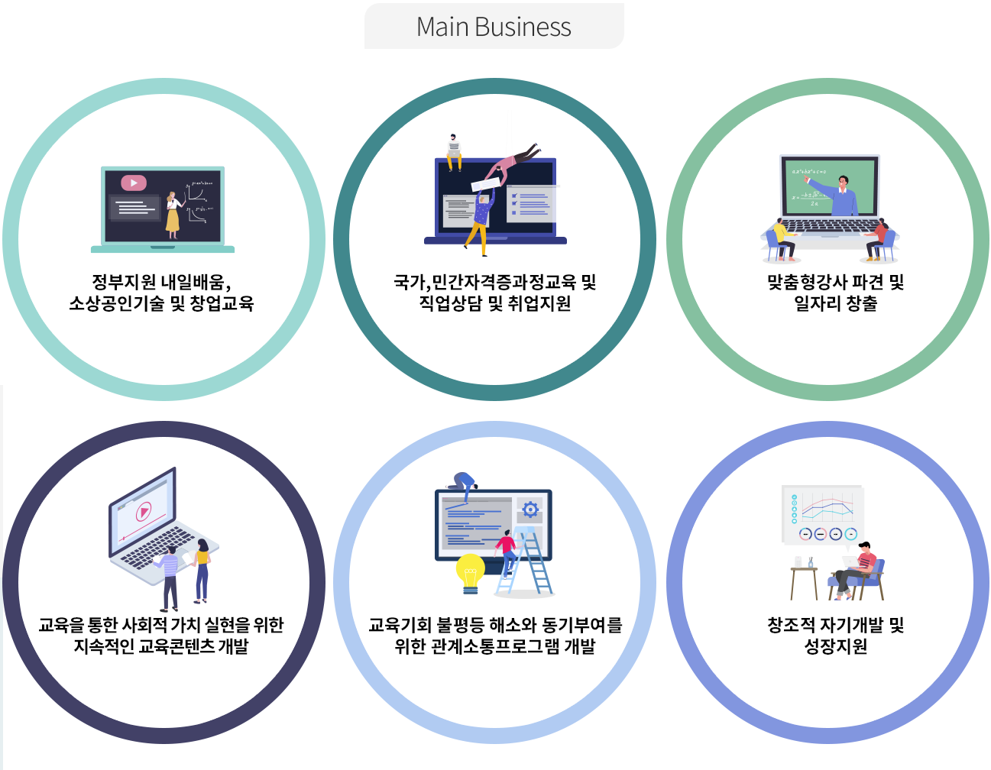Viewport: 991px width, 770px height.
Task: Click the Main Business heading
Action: [x=494, y=27]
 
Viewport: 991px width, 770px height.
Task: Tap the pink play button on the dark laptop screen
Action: [x=134, y=183]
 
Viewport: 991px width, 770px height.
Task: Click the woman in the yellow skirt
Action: [x=173, y=215]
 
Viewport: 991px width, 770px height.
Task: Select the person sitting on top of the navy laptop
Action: [x=454, y=152]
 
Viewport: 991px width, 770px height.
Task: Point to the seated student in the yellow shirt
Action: [x=782, y=239]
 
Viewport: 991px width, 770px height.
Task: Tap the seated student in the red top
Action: [x=877, y=239]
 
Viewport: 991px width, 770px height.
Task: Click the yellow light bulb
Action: [x=470, y=573]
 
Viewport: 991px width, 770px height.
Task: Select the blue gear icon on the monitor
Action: [x=530, y=510]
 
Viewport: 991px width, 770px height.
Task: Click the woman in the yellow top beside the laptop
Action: [x=201, y=571]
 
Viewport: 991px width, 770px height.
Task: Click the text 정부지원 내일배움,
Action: [x=161, y=282]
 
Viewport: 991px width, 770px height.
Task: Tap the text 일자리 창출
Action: [x=835, y=303]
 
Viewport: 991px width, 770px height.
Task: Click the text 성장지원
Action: [x=835, y=646]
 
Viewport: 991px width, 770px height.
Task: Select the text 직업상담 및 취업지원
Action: [x=495, y=303]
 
